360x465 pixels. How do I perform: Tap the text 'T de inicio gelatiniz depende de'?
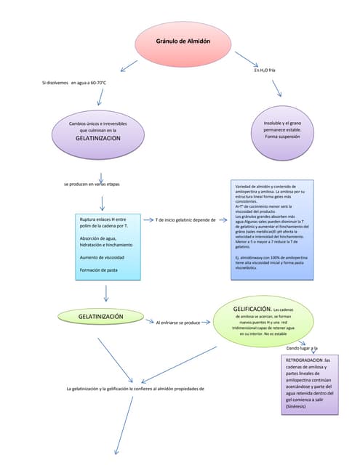(186, 219)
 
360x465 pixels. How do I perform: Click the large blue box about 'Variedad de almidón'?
(271, 229)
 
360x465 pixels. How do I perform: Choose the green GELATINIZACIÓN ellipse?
(100, 318)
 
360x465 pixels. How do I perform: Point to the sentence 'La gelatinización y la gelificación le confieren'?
(135, 389)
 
